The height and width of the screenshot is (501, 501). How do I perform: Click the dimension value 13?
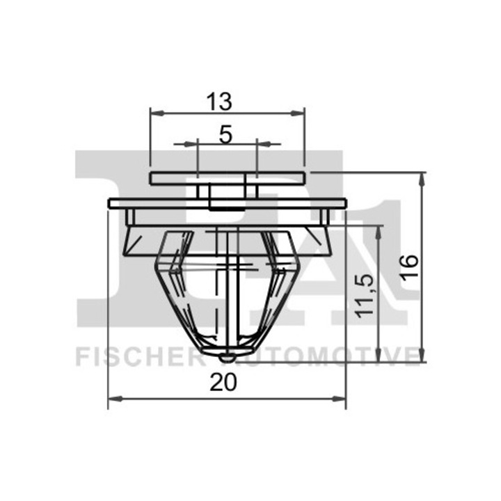[x=219, y=102]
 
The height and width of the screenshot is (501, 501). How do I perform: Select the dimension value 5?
[x=225, y=134]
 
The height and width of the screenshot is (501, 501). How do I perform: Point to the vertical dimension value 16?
[x=410, y=266]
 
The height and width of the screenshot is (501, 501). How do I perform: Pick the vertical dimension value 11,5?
[x=367, y=295]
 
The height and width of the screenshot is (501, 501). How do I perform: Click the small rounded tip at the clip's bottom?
[x=227, y=357]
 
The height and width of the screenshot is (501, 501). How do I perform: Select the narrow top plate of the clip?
[x=227, y=178]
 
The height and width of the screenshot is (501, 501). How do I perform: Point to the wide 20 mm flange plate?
[x=227, y=202]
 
